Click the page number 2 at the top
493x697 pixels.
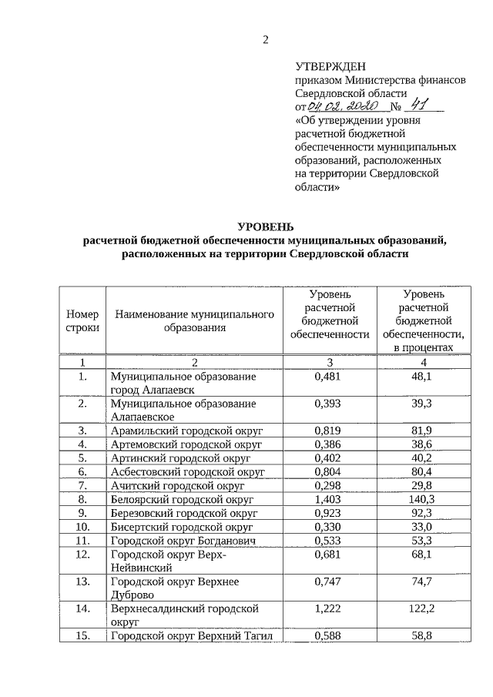pyautogui.click(x=264, y=40)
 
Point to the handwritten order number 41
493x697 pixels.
pyautogui.click(x=419, y=106)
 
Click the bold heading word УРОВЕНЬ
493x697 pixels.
pyautogui.click(x=264, y=226)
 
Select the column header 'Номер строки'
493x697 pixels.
pyautogui.click(x=82, y=321)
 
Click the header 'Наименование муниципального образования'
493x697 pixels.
pyautogui.click(x=195, y=321)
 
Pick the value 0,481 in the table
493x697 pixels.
pyautogui.click(x=327, y=377)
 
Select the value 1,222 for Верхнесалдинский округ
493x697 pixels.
pyautogui.click(x=327, y=608)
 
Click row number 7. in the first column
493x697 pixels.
pyautogui.click(x=82, y=485)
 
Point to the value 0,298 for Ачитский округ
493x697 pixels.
pyautogui.click(x=327, y=485)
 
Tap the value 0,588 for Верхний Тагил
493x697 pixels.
pyautogui.click(x=327, y=635)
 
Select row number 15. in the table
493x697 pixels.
pyautogui.click(x=82, y=635)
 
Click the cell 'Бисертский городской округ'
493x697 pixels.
pyautogui.click(x=182, y=527)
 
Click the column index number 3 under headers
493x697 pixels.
pyautogui.click(x=329, y=362)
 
